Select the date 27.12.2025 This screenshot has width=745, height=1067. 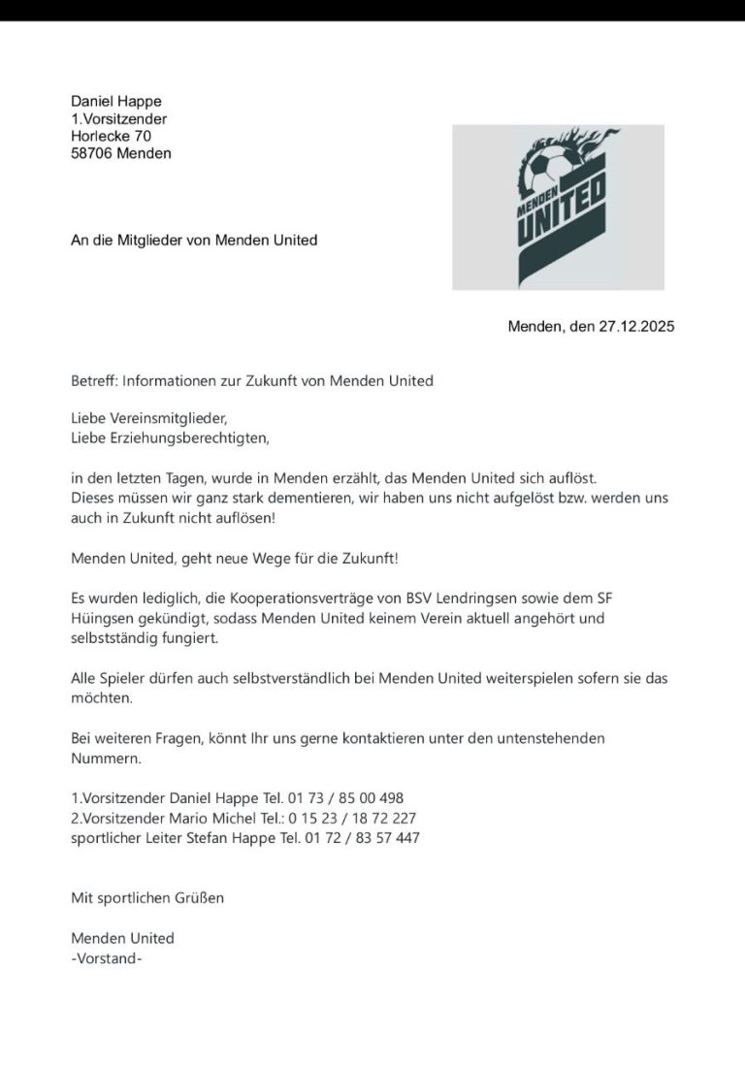click(635, 327)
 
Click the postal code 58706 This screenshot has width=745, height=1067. click(92, 153)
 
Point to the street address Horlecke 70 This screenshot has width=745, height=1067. click(112, 136)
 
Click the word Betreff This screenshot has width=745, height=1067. click(94, 381)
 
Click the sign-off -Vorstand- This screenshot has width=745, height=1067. click(107, 958)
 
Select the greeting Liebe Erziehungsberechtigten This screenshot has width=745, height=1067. click(170, 437)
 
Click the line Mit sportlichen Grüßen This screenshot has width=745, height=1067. click(147, 897)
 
